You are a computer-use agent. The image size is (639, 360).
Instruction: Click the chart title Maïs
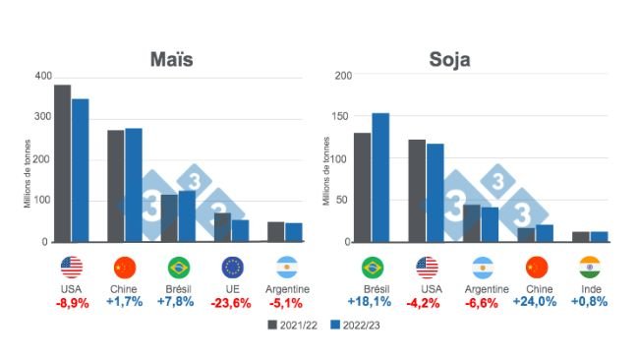click(x=171, y=59)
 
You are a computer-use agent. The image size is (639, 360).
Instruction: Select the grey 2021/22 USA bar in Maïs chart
click(x=62, y=162)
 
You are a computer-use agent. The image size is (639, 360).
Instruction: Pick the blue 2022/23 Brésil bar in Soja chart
click(x=380, y=177)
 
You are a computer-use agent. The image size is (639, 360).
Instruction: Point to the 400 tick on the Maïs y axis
click(x=42, y=76)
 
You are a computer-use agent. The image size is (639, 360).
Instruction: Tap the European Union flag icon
click(x=233, y=267)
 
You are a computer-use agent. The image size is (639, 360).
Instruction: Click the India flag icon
click(x=590, y=267)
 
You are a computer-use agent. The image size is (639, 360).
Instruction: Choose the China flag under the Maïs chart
click(x=124, y=267)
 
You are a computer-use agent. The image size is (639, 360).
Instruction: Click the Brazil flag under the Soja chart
click(x=373, y=267)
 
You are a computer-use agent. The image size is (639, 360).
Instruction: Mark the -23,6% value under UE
click(x=233, y=303)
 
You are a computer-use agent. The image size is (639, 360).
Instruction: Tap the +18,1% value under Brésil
click(x=373, y=303)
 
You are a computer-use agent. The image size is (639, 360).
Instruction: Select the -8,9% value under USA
click(x=71, y=303)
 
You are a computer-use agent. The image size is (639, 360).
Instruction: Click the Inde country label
click(x=590, y=289)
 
